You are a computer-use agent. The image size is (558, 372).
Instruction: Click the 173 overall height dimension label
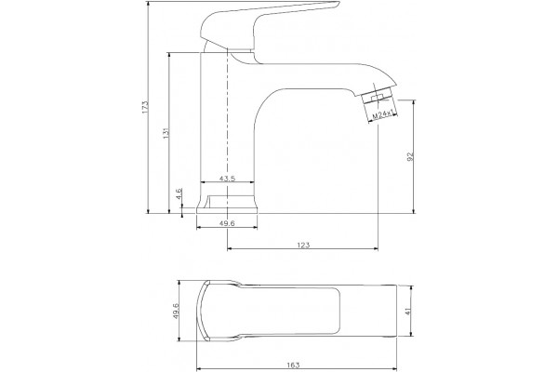[144, 107]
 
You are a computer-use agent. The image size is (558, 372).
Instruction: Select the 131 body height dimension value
[166, 133]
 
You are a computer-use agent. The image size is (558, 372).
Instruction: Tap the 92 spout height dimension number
[409, 156]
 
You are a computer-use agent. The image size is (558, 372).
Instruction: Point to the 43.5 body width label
[227, 179]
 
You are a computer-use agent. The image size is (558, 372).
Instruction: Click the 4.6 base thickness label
[179, 194]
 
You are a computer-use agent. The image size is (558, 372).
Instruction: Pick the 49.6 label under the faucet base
[227, 223]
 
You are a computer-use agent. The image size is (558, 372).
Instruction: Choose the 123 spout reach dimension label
[303, 245]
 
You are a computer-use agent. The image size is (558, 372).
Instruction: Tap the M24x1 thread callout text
[383, 115]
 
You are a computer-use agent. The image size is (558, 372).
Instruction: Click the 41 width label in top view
[408, 311]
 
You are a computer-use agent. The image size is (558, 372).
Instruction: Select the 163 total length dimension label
[293, 365]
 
